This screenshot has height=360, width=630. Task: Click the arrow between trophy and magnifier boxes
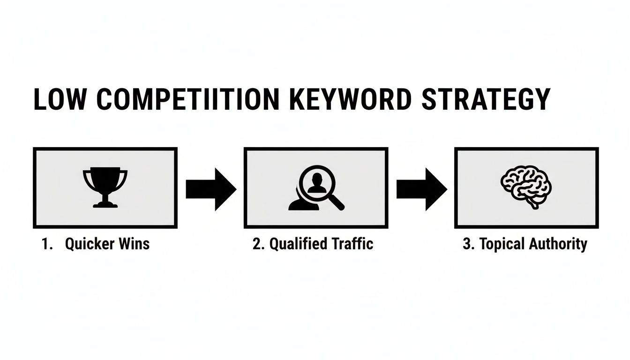tap(210, 188)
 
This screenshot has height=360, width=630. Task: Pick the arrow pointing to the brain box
tap(421, 188)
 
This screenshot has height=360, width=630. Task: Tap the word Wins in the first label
tap(135, 244)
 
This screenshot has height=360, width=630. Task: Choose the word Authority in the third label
tap(558, 244)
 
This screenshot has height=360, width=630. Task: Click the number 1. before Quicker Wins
tap(47, 244)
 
